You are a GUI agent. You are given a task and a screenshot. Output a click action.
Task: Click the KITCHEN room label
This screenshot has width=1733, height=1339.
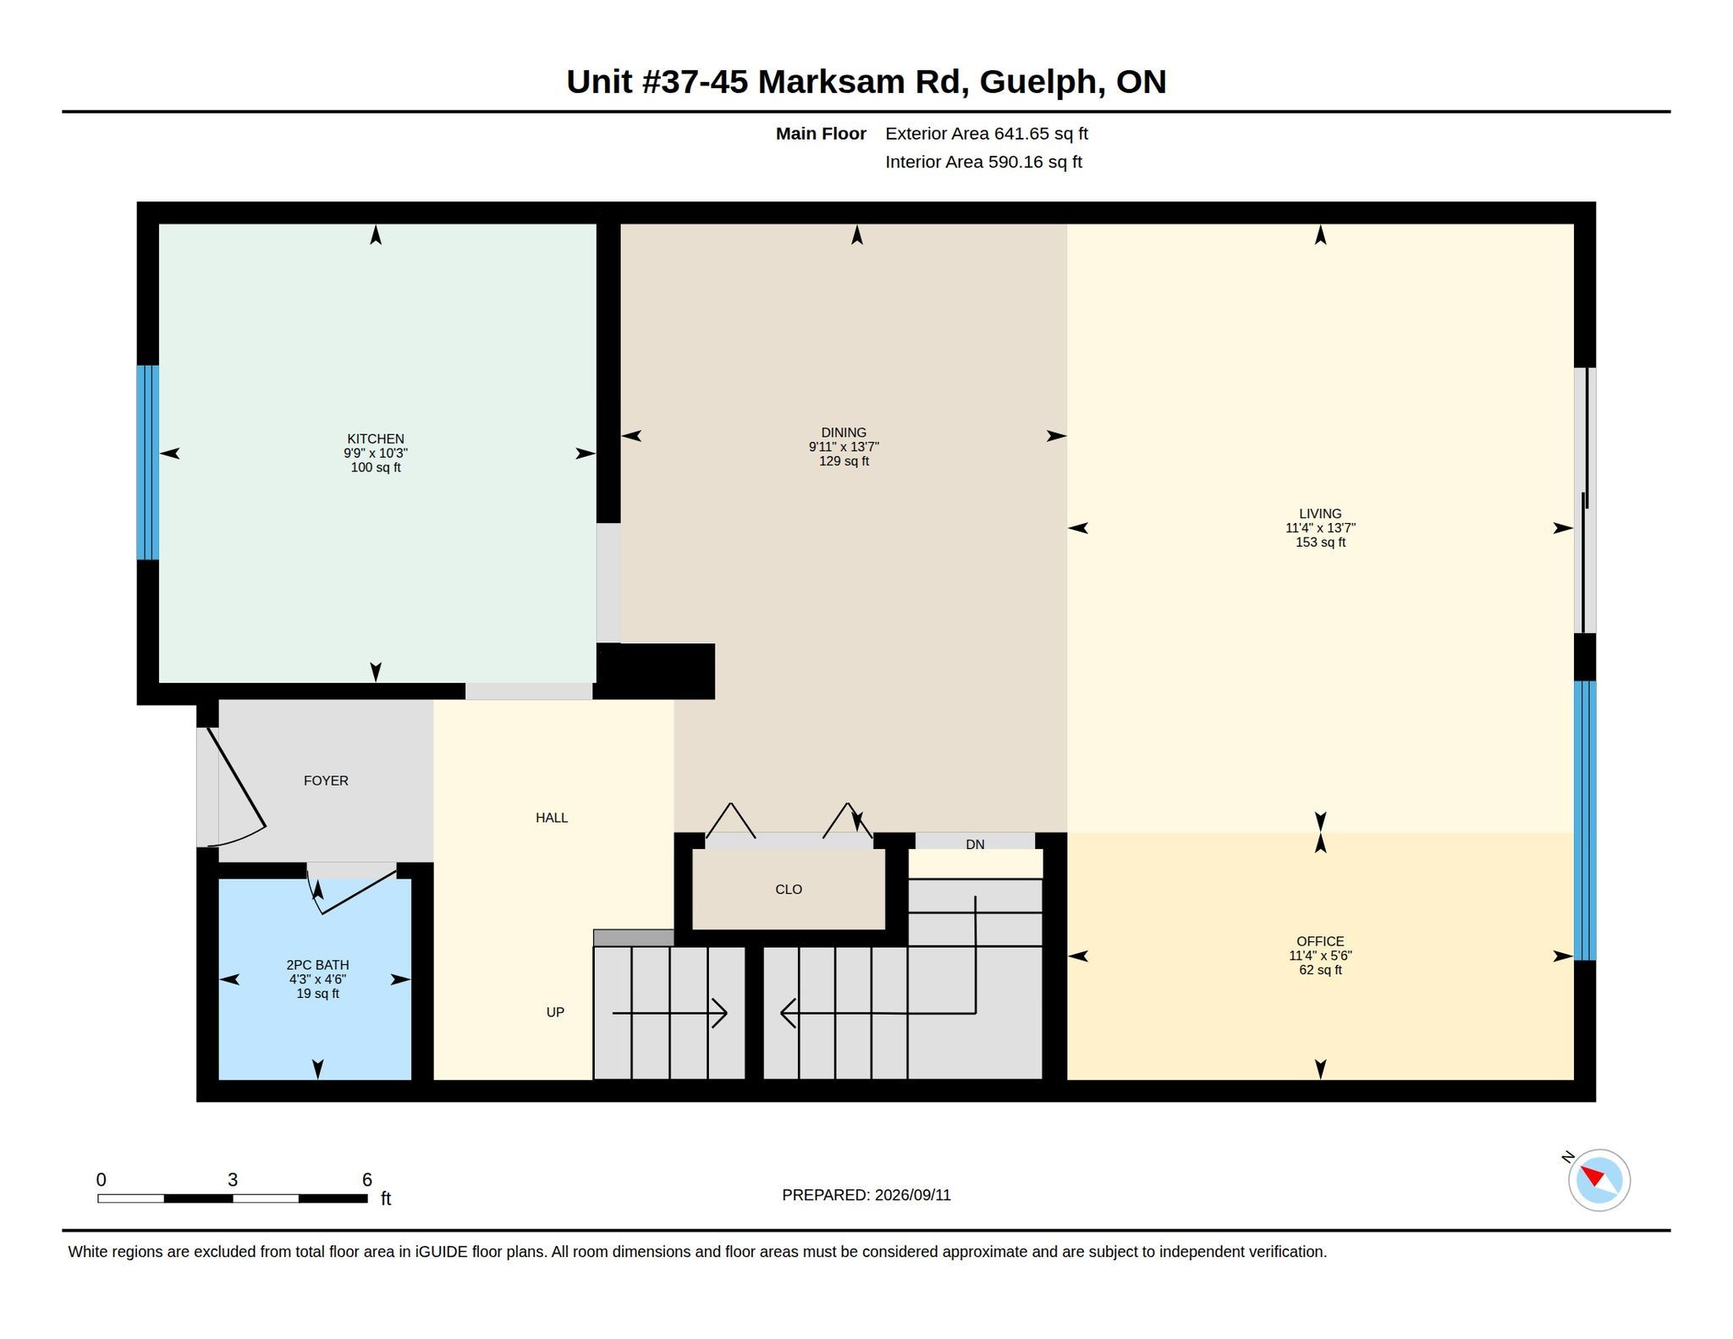376,438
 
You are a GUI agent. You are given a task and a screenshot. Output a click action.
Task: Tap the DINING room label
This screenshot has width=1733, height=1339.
844,433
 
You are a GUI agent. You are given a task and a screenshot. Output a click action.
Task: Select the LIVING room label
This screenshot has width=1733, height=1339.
1320,514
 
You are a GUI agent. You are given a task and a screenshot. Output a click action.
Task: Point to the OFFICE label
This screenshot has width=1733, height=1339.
1320,941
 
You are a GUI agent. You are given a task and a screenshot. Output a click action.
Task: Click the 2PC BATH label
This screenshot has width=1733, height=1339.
317,965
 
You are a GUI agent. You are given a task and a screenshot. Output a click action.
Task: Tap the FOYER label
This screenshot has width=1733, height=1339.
326,780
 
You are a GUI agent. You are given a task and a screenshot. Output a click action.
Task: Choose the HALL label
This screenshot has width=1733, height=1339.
552,818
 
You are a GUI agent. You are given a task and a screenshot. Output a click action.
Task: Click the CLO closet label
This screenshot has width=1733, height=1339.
789,890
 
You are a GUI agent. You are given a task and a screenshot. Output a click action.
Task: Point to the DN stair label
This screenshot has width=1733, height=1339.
975,845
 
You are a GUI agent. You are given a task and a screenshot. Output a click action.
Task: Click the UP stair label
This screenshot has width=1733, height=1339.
555,1012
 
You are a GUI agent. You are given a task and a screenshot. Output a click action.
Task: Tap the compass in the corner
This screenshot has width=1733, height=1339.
1598,1180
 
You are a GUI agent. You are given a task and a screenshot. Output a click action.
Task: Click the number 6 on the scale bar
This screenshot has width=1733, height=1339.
367,1180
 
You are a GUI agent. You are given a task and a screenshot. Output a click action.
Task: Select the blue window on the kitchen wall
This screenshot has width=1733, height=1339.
148,462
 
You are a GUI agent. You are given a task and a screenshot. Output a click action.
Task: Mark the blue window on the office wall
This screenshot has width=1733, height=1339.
1585,820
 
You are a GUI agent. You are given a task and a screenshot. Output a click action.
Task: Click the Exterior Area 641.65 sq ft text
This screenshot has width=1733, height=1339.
987,134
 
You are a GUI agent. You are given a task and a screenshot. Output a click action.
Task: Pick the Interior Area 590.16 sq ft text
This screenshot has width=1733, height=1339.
984,162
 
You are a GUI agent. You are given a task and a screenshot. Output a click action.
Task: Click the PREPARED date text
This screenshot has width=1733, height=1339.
866,1195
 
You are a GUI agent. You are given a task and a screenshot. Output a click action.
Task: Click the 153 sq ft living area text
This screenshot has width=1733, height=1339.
1320,543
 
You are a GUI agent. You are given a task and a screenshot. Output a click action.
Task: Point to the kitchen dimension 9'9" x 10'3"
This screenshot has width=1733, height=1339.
376,453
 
